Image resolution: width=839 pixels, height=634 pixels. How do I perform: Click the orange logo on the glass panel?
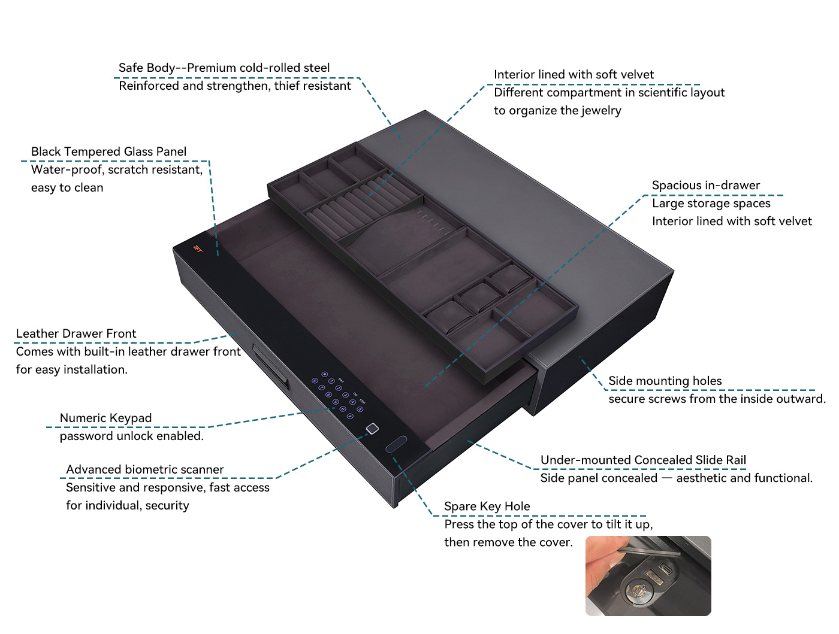coord(198,249)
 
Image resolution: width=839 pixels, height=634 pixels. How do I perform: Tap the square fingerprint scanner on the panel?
coord(372,429)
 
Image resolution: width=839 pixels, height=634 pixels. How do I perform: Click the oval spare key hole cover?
coord(396,444)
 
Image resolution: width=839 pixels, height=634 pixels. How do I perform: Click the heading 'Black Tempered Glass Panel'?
coord(108,151)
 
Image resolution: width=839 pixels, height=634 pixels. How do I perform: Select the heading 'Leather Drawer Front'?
coord(76,333)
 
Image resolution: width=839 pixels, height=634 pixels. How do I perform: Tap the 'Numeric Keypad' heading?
coord(105,418)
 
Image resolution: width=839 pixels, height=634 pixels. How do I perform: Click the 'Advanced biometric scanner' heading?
coord(145,469)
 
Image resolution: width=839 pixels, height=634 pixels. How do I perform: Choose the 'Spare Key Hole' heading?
coord(487,506)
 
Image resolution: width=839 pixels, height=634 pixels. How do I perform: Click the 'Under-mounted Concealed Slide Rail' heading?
coord(643,460)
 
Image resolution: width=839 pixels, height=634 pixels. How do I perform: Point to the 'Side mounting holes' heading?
coord(665,381)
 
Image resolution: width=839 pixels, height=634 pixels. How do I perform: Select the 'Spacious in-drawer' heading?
coord(705,186)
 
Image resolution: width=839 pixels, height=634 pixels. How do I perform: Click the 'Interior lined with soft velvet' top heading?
coord(574,74)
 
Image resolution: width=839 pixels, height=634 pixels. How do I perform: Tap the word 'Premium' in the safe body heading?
coord(211,68)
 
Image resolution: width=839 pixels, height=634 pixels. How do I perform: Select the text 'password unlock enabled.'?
coord(131,436)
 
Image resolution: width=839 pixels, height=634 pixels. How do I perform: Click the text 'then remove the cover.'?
coord(508,542)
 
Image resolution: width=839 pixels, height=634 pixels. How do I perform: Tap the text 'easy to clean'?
coord(67,188)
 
